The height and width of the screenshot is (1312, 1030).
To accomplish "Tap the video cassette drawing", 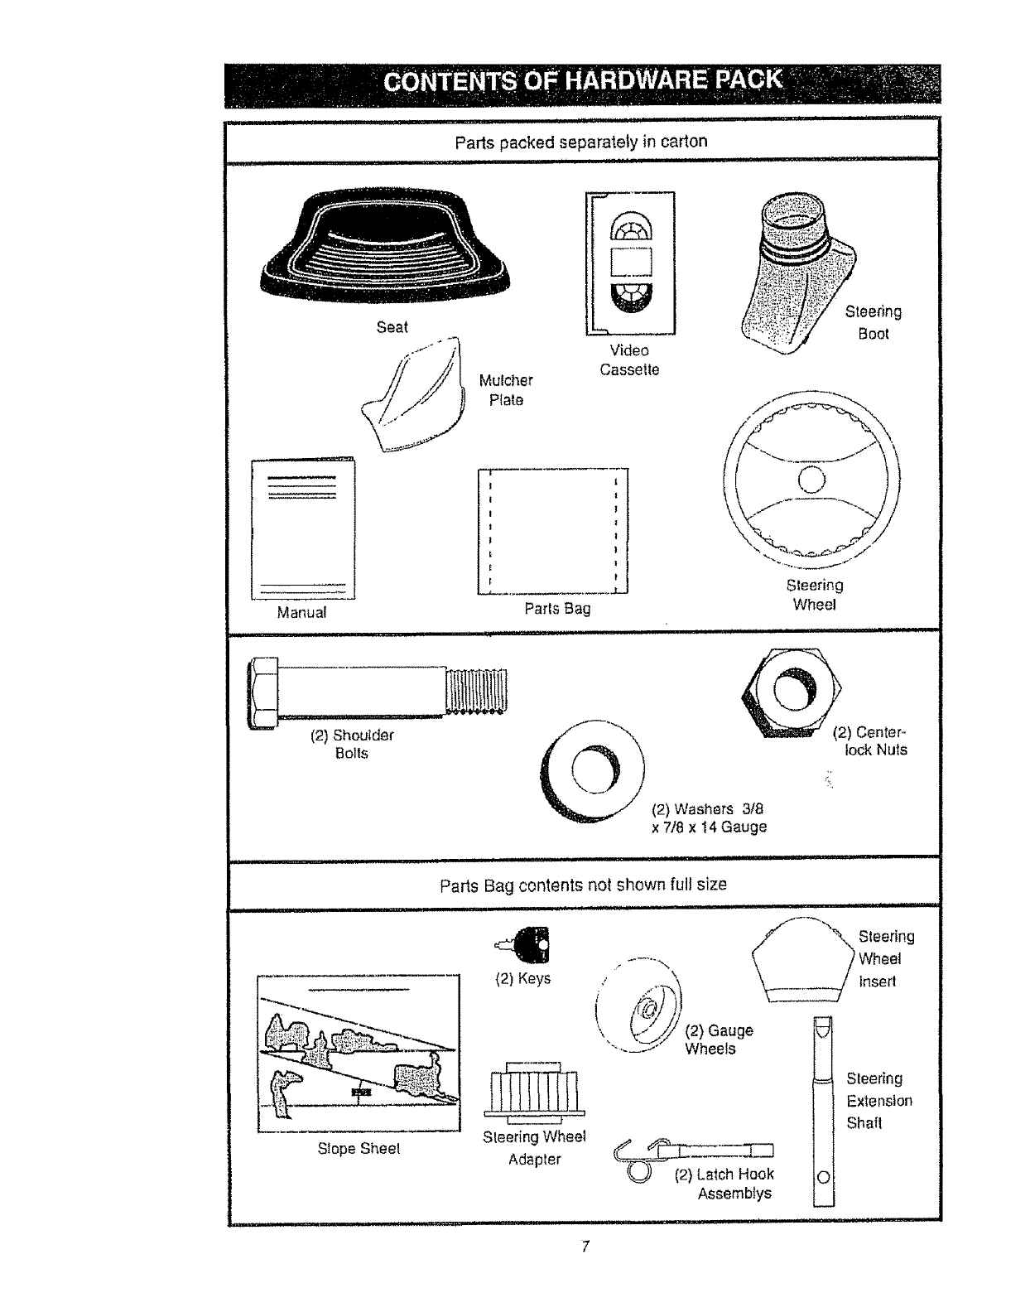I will pos(631,263).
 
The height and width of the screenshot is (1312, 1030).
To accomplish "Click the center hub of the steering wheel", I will pos(812,480).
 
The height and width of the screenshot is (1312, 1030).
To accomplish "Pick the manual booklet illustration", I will pos(303,528).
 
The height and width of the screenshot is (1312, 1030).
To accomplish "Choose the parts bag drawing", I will pos(553,531).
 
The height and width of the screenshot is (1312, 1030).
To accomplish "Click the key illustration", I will pos(525,943).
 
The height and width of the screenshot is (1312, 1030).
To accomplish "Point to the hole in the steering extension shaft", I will pos(823,1176).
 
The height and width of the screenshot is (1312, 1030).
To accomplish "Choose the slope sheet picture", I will pos(359,1053).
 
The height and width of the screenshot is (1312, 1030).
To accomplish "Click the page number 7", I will pos(585,1247).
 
